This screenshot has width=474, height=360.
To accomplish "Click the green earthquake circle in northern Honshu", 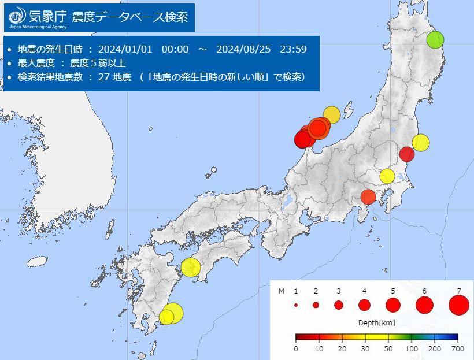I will point(435,40).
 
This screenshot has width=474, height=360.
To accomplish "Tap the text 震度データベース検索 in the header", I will point(129,16).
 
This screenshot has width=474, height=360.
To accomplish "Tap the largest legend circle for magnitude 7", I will point(459,305).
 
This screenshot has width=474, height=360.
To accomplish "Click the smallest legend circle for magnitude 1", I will point(295,305).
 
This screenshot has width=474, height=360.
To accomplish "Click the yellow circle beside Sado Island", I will point(331,115).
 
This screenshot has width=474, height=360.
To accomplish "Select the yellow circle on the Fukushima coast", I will point(421,142).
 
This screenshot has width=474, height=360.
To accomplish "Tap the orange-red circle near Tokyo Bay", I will point(368,198).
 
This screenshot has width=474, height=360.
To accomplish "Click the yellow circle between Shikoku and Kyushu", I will point(191,268).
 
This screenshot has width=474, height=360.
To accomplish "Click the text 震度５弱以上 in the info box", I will point(99,63).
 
